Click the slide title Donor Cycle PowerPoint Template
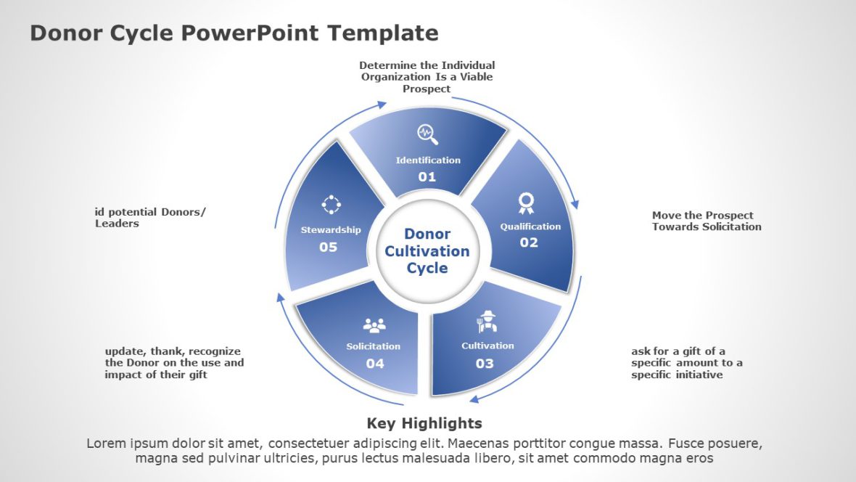point(234,33)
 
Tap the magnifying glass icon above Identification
point(427,134)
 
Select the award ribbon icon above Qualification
point(526,203)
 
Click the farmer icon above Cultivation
point(487,322)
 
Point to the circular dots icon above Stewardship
point(331,205)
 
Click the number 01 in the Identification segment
point(427,176)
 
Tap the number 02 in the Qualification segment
point(529,242)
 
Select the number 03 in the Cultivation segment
point(485,364)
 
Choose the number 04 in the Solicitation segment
point(374,364)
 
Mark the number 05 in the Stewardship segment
point(328,247)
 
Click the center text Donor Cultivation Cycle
point(427,251)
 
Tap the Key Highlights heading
point(424,423)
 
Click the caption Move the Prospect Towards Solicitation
point(707,221)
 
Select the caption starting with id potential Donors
point(150,218)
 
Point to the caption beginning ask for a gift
point(686,363)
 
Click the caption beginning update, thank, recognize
point(174,363)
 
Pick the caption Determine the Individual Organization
point(427,77)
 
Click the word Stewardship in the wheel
point(331,230)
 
